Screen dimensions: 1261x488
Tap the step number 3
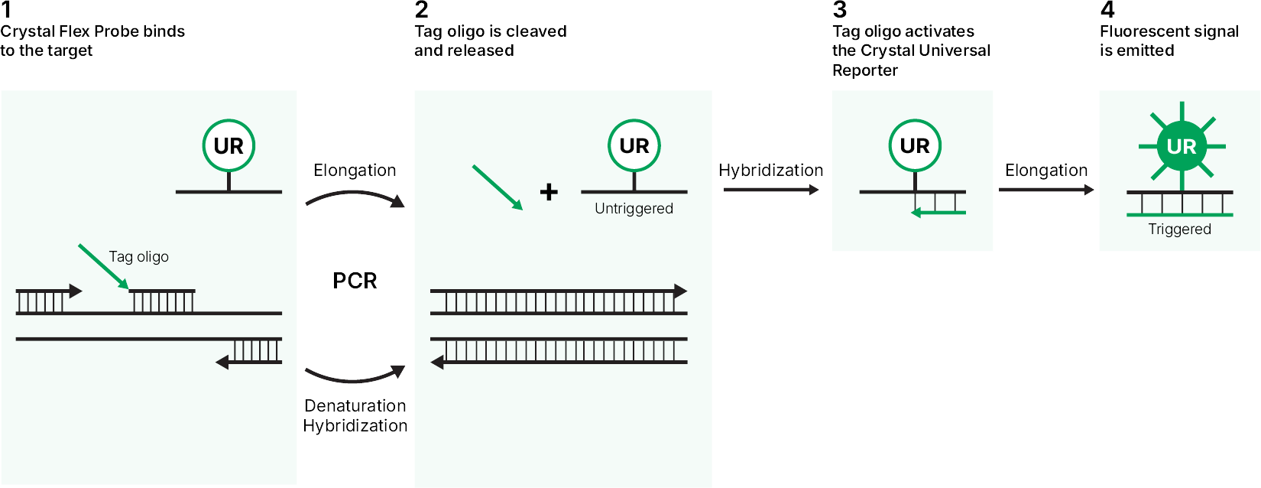coord(839,10)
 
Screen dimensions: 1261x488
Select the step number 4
coord(1107,10)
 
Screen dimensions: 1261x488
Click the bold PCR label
coord(355,281)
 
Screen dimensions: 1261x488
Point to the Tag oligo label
coord(138,257)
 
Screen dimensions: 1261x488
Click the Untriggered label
coord(634,209)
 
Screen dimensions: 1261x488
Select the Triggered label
coord(1180,229)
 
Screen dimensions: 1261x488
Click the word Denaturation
coord(355,405)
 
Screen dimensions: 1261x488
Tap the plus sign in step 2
coord(549,192)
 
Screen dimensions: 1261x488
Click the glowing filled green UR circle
coord(1182,147)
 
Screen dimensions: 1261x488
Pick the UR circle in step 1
coord(229,145)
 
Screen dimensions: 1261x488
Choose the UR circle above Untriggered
coord(634,145)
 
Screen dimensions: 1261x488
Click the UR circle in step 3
coord(915,145)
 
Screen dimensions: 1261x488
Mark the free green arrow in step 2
coord(498,187)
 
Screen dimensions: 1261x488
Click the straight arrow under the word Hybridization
coord(770,190)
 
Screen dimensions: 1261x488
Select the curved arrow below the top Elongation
coord(355,193)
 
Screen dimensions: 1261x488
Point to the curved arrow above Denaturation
coord(355,380)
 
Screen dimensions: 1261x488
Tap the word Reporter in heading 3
coord(865,70)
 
